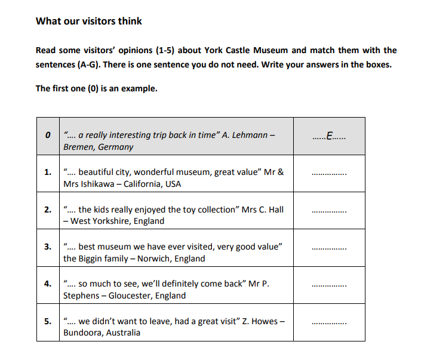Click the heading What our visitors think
click(89, 21)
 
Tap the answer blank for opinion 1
click(329, 174)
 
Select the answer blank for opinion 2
click(329, 211)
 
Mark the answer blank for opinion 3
click(329, 248)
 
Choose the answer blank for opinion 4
click(329, 286)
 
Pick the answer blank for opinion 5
click(329, 323)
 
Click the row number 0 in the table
click(47, 136)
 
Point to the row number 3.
click(47, 247)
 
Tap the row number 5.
click(47, 321)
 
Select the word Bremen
click(76, 147)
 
